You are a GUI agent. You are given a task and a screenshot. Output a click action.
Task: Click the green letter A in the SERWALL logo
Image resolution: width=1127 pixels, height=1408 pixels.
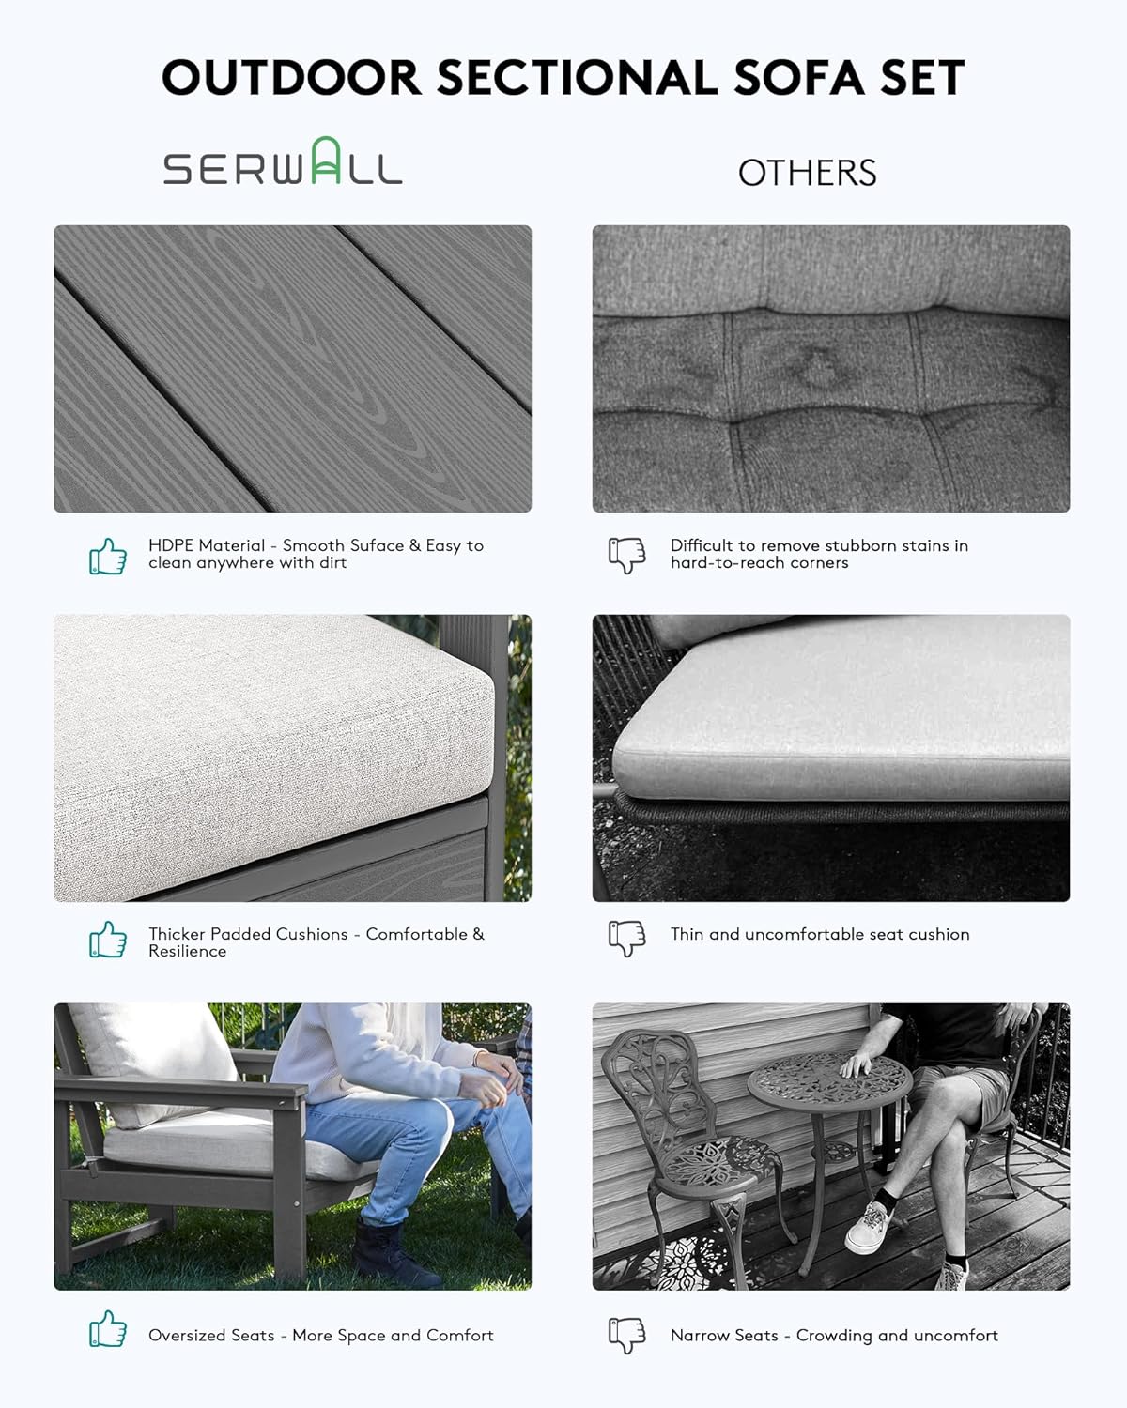(x=326, y=161)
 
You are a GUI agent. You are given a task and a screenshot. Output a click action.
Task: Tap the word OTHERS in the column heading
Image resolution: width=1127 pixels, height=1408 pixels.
(x=807, y=173)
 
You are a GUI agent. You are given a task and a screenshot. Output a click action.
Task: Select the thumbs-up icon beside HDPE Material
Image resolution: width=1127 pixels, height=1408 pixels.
(x=108, y=557)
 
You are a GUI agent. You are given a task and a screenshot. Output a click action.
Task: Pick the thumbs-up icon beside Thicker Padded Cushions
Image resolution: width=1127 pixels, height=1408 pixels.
(x=108, y=940)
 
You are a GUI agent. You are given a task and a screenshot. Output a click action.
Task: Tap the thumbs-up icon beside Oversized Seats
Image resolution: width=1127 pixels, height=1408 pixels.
(x=108, y=1328)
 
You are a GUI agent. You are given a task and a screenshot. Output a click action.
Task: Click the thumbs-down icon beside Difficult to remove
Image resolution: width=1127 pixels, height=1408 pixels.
(x=626, y=556)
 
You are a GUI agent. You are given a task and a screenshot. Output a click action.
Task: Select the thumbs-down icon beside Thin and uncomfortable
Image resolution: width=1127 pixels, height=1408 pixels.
(x=626, y=939)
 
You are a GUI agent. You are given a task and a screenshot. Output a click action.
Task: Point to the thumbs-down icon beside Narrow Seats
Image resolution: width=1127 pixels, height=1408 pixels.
(x=626, y=1336)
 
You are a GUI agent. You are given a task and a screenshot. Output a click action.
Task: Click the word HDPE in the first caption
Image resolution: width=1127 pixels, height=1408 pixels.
(x=171, y=545)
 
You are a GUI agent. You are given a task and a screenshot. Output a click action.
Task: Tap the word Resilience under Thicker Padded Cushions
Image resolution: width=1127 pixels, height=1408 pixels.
(x=187, y=951)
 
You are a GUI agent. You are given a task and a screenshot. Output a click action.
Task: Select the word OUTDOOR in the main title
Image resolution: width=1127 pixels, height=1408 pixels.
(x=291, y=78)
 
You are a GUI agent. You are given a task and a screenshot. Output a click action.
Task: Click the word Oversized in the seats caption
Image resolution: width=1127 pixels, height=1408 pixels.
(x=211, y=1336)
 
